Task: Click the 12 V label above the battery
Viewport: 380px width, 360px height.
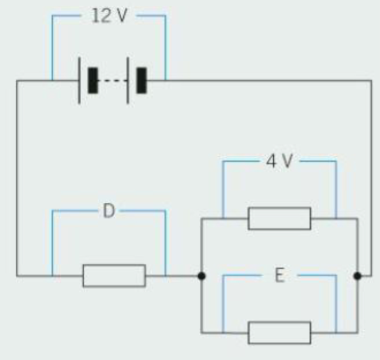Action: click(109, 16)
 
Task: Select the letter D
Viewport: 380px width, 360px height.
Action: click(109, 211)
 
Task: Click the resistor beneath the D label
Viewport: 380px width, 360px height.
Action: click(114, 276)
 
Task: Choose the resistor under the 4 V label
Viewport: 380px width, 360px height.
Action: click(279, 218)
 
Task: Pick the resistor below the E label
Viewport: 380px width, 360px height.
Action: click(279, 333)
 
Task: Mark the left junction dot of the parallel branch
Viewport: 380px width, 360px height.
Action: click(201, 276)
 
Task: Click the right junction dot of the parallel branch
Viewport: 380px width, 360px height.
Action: click(357, 276)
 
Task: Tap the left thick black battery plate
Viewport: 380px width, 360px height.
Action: click(93, 80)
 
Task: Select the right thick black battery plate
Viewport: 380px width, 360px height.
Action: click(142, 80)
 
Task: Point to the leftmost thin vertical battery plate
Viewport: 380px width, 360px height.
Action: click(79, 80)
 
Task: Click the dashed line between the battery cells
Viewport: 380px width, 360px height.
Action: click(112, 80)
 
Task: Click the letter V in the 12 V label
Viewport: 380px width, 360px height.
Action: click(120, 16)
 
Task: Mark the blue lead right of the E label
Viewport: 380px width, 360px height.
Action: click(336, 304)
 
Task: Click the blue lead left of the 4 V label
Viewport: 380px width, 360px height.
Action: click(223, 189)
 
